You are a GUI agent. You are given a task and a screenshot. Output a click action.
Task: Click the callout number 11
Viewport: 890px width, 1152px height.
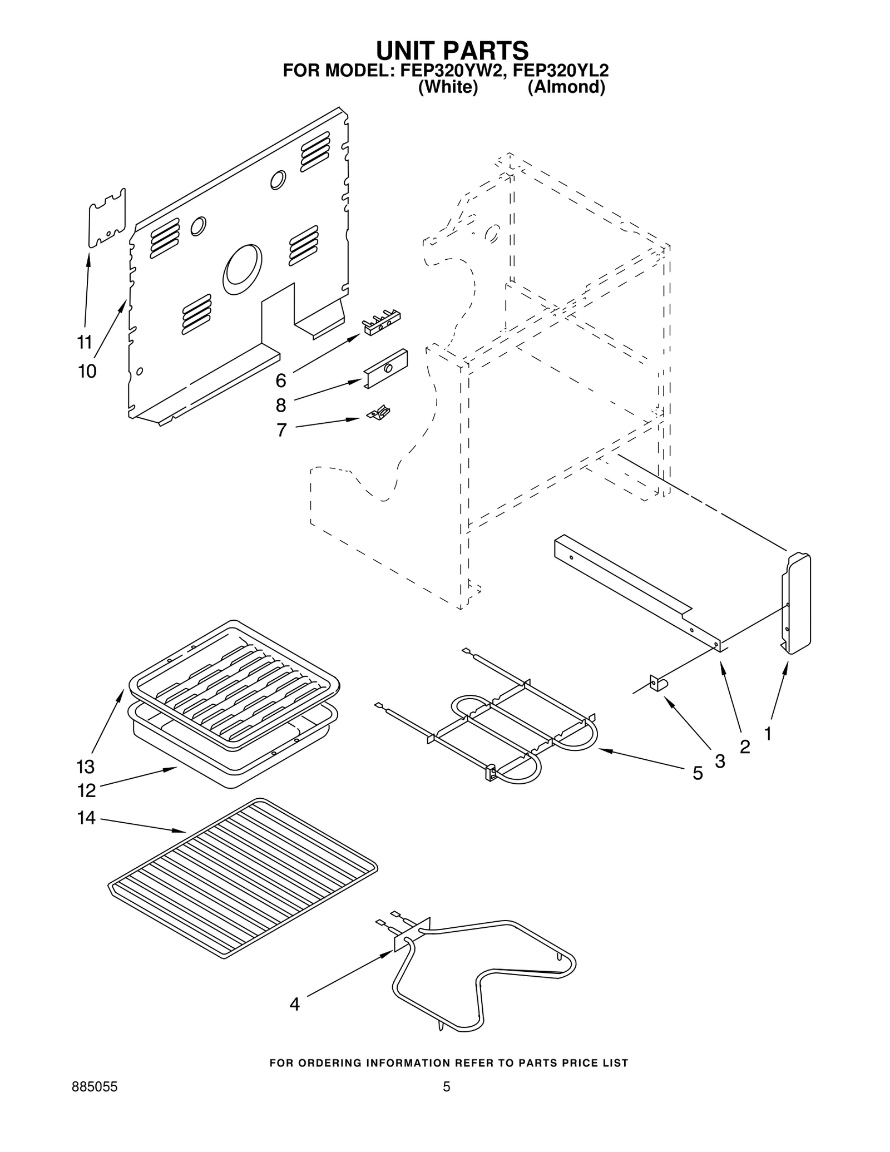click(x=85, y=343)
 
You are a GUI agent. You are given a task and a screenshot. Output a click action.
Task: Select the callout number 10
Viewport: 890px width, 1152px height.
click(x=87, y=371)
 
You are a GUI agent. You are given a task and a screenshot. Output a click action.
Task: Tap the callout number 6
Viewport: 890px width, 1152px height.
click(x=281, y=381)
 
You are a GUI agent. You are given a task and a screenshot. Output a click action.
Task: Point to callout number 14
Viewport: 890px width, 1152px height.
click(x=87, y=818)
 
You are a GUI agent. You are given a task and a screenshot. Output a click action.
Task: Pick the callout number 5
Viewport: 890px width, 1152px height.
click(x=698, y=773)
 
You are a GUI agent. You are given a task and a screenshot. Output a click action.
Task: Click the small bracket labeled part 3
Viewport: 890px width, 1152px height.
click(x=657, y=683)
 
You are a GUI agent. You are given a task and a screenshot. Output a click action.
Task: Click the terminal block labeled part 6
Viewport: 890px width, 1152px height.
click(x=382, y=323)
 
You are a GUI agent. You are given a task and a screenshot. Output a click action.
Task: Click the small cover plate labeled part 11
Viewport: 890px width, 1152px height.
click(x=107, y=218)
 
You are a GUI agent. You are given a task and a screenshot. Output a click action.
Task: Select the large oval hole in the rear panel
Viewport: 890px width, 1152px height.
click(x=243, y=269)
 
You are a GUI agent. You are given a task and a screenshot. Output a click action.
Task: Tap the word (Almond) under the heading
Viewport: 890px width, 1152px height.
click(x=566, y=87)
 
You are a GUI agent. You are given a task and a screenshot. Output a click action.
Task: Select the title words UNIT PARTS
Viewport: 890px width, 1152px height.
click(x=452, y=51)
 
